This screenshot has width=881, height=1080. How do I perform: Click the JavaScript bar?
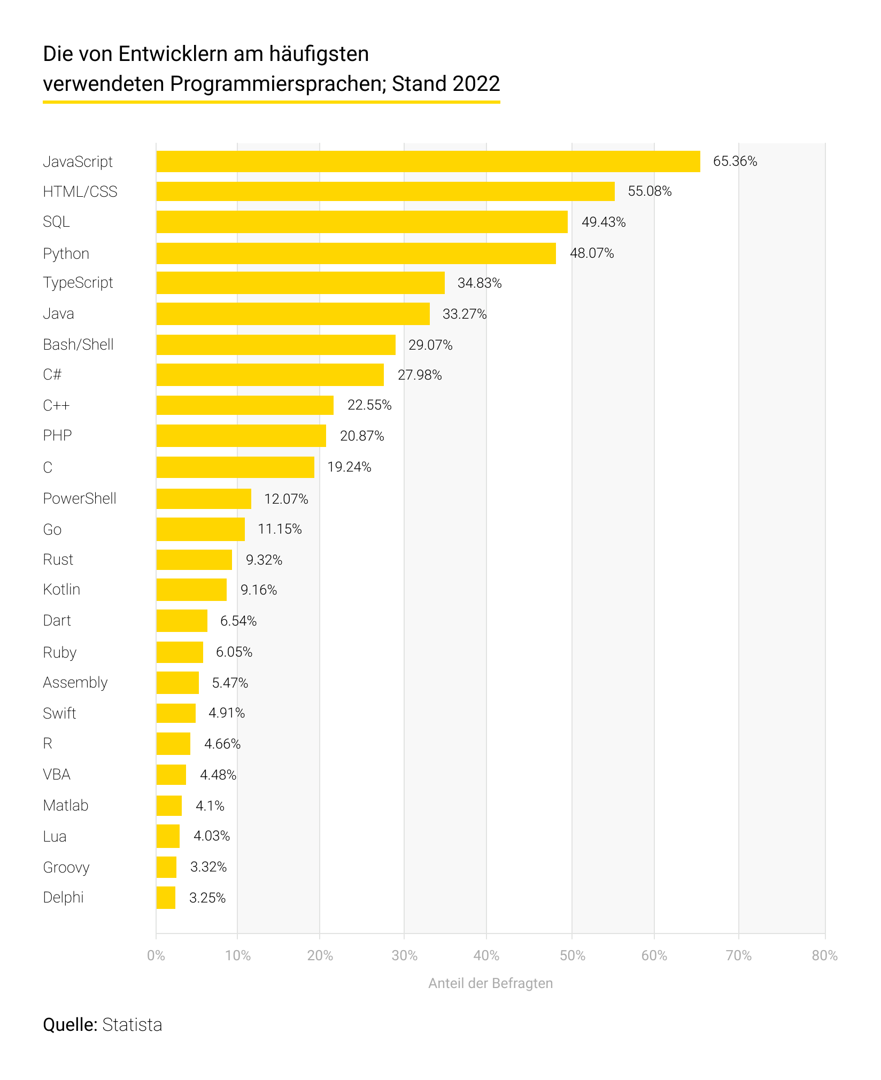(x=428, y=161)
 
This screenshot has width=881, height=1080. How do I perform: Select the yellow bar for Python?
(x=356, y=253)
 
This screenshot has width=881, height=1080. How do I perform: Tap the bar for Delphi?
(x=166, y=898)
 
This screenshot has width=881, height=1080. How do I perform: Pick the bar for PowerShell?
(x=204, y=499)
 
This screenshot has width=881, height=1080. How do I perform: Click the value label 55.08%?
(x=650, y=191)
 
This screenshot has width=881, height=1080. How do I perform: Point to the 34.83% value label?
(x=480, y=283)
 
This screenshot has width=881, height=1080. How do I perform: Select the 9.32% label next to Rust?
(x=264, y=560)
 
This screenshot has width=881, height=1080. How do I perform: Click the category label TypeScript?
(x=78, y=283)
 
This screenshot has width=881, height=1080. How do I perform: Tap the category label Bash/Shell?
(x=78, y=345)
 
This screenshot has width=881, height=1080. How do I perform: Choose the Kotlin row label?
(x=61, y=590)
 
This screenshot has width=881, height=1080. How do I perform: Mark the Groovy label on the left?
(x=66, y=867)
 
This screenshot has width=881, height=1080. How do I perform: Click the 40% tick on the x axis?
(x=486, y=955)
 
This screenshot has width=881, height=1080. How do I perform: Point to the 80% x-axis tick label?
(x=824, y=955)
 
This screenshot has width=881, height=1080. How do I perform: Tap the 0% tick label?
(x=156, y=955)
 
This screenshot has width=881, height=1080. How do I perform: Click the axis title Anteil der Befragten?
(x=490, y=983)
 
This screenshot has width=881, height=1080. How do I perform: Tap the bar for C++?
(x=245, y=405)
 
